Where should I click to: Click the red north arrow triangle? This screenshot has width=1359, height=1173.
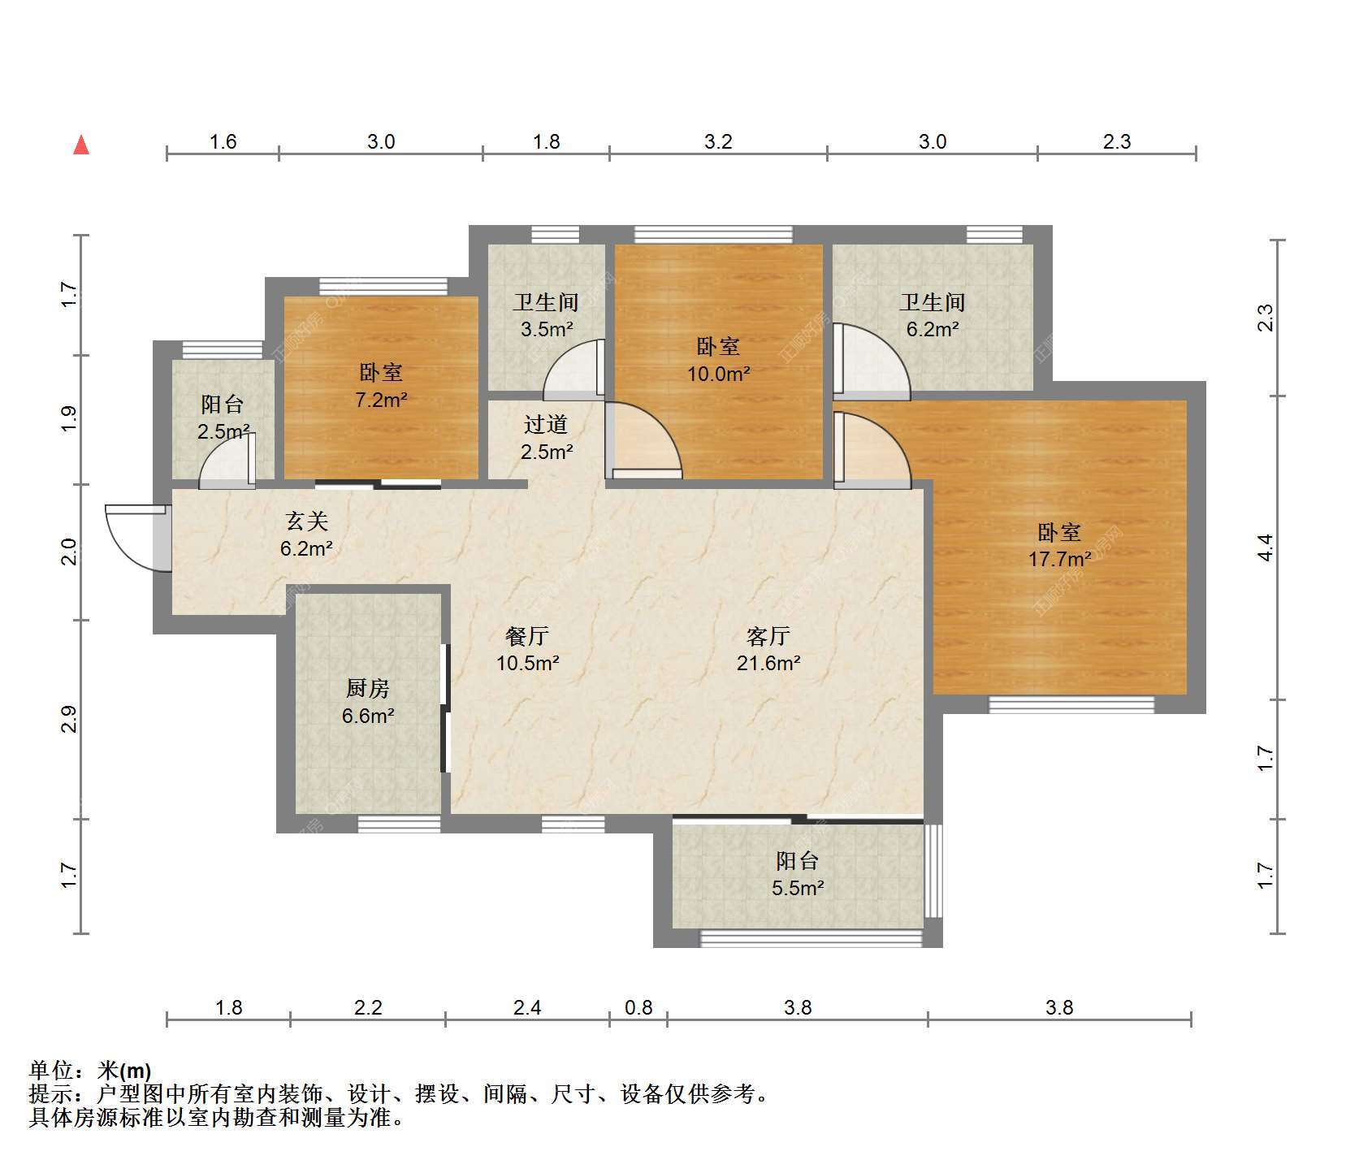81,145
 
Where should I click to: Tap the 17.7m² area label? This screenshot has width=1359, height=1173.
1059,559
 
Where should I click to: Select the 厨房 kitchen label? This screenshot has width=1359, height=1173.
368,689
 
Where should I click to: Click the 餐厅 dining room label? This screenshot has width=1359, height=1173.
527,636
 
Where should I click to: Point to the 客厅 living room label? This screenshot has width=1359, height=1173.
768,636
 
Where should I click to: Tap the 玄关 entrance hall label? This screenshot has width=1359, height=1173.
306,521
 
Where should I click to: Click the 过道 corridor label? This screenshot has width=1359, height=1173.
546,424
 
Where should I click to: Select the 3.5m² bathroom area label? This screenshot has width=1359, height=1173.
546,330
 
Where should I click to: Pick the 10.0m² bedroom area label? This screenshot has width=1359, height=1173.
719,374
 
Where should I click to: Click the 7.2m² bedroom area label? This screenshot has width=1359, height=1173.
381,400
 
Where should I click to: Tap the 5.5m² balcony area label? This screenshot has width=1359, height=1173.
798,888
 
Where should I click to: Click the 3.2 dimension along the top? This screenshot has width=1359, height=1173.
718,142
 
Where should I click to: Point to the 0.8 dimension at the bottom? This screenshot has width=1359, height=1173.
638,1008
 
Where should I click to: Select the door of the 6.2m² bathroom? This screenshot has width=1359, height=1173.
872,362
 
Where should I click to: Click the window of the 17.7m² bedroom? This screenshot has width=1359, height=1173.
1071,704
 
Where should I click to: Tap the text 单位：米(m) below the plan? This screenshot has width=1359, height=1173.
90,1071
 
